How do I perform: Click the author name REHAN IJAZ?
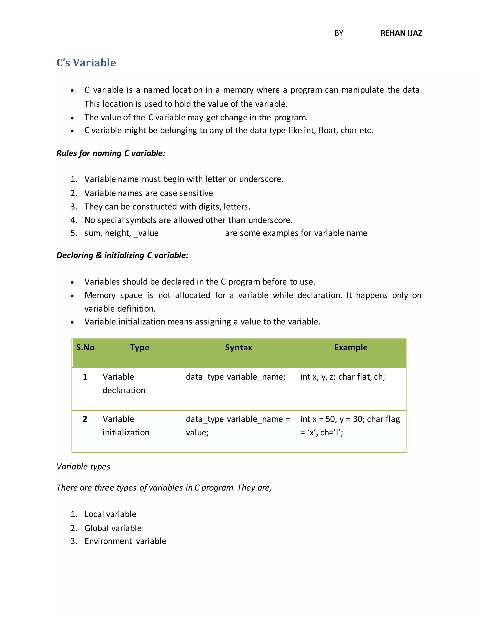point(401,33)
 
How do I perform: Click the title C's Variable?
point(86,63)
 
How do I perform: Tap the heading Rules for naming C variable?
point(111,153)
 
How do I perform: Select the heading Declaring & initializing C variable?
point(122,255)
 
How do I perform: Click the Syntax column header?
point(239,348)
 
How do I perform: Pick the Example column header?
point(351,348)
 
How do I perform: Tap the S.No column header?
point(85,348)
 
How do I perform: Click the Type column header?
point(140,348)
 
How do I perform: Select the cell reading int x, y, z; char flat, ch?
point(342,377)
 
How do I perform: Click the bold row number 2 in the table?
point(85,419)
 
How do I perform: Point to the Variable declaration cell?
point(124,384)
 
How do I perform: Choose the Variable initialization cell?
point(126,426)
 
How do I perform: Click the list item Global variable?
point(113,528)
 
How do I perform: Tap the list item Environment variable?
point(125,541)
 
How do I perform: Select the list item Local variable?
point(110,514)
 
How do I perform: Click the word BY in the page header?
point(338,33)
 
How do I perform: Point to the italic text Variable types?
point(83,466)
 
